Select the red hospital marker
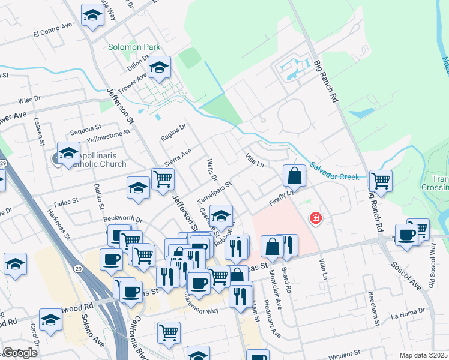click(x=314, y=218)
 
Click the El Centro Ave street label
click(x=53, y=32)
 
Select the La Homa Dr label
click(x=407, y=312)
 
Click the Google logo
click(x=20, y=353)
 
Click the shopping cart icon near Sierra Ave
click(x=163, y=179)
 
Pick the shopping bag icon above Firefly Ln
click(x=294, y=176)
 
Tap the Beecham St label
click(x=373, y=310)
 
